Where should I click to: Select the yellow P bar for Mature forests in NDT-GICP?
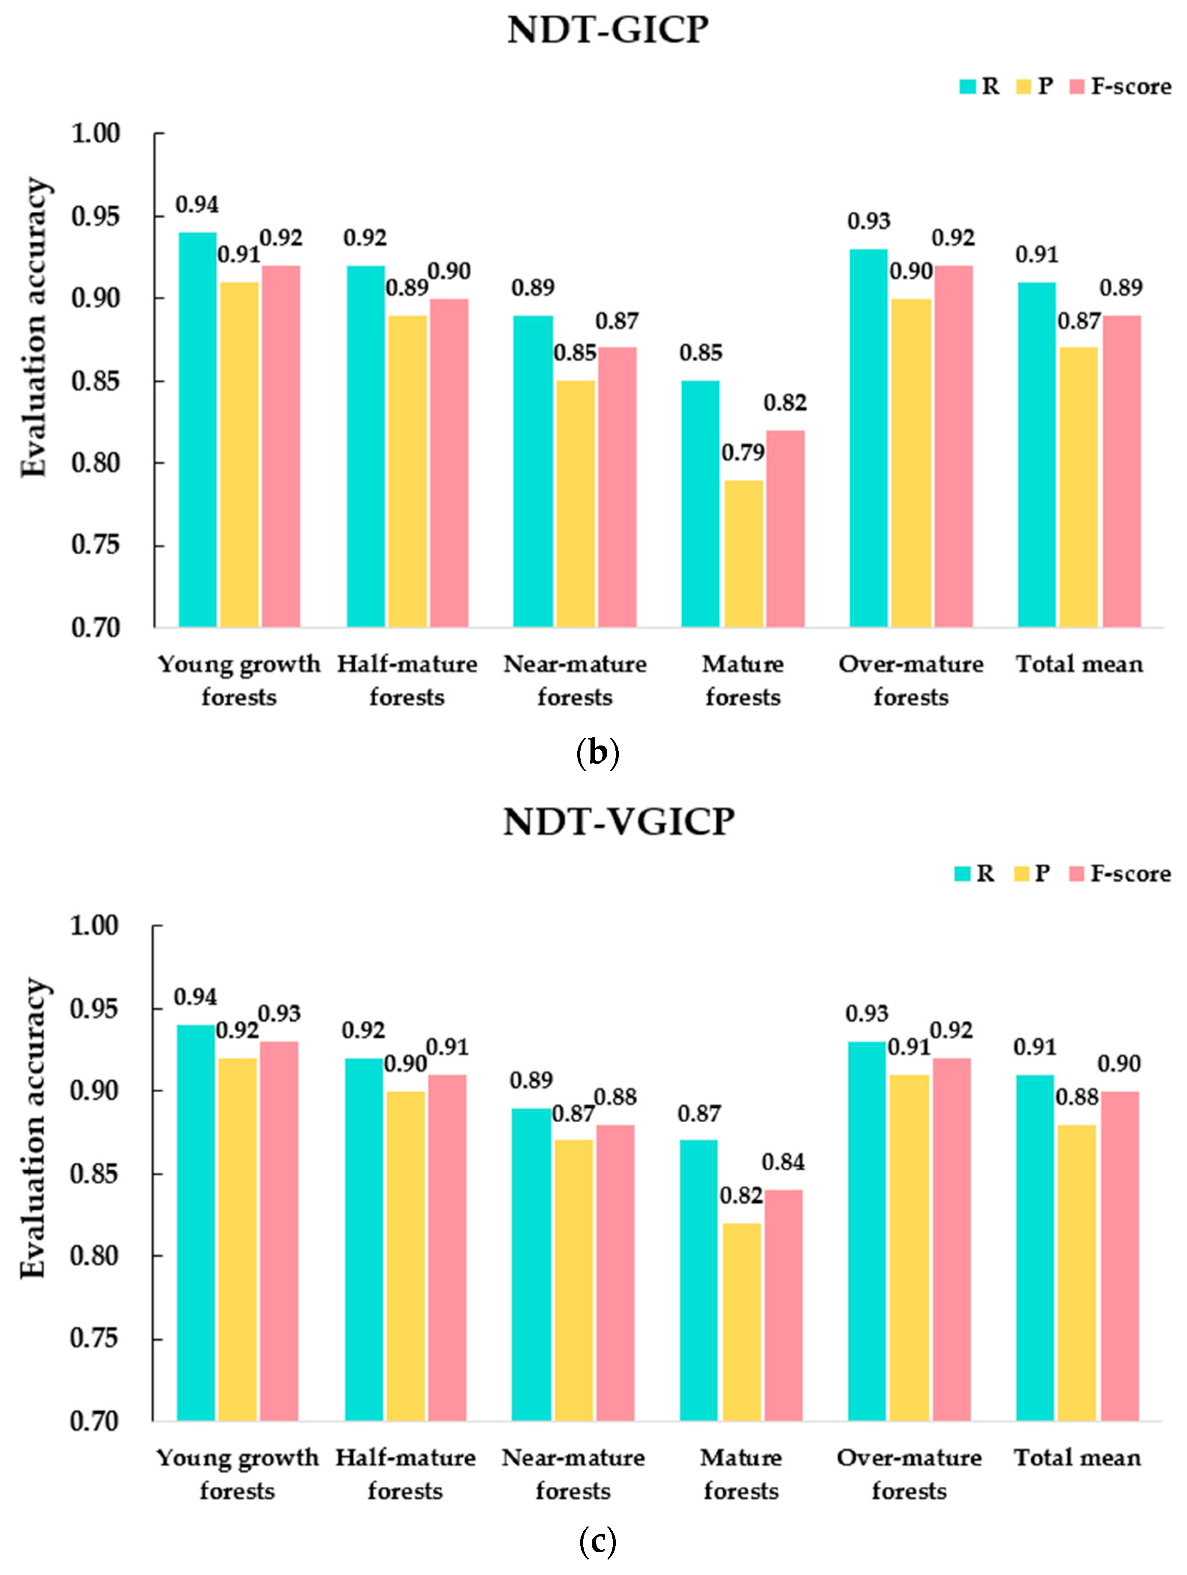[743, 553]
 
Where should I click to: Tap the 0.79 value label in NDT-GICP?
[743, 453]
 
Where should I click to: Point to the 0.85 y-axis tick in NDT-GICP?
[96, 382]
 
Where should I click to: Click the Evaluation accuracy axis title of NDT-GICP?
[34, 328]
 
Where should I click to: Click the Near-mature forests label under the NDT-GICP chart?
[575, 680]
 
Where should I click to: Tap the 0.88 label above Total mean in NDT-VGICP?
[1077, 1097]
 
